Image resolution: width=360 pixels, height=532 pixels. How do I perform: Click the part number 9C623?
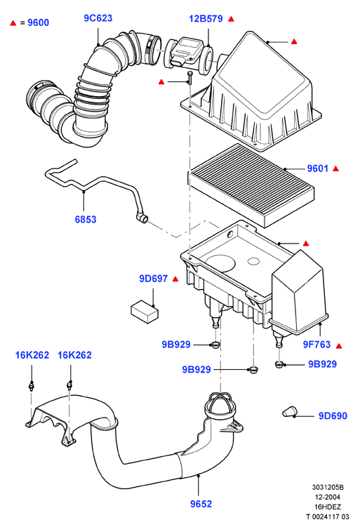98,18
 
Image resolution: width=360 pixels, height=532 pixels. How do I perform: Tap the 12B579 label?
206,18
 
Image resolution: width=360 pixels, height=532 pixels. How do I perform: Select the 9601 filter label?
318,168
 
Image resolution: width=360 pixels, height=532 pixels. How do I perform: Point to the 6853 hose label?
86,219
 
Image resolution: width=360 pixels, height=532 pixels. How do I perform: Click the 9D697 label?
154,279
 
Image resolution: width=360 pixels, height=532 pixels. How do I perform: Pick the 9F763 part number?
316,345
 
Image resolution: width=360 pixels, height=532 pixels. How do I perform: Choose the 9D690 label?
333,415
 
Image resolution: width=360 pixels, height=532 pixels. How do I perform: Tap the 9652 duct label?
201,504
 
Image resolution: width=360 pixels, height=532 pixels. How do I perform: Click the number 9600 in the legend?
39,22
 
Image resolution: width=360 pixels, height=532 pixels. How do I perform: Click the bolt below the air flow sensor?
189,79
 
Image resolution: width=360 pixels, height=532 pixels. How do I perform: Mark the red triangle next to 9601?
335,168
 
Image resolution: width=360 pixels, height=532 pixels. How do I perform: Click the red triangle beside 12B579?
231,19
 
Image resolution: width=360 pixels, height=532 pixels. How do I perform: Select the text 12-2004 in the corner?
328,497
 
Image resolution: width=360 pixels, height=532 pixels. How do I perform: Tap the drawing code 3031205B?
328,487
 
